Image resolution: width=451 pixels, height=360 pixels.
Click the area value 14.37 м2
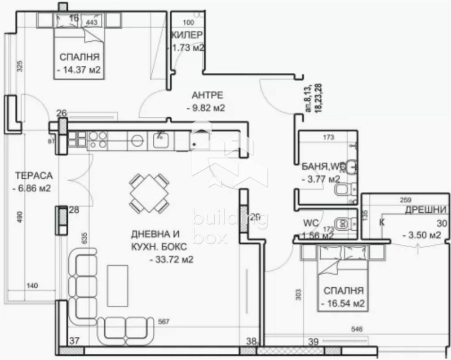click(79, 71)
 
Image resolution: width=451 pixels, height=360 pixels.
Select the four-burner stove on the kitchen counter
click(96, 139)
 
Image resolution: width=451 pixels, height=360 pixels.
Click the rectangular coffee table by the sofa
click(117, 285)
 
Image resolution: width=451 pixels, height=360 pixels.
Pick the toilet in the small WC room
click(342, 223)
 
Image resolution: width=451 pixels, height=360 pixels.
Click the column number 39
click(315, 340)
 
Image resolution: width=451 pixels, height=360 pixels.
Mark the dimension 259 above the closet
click(405, 200)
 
